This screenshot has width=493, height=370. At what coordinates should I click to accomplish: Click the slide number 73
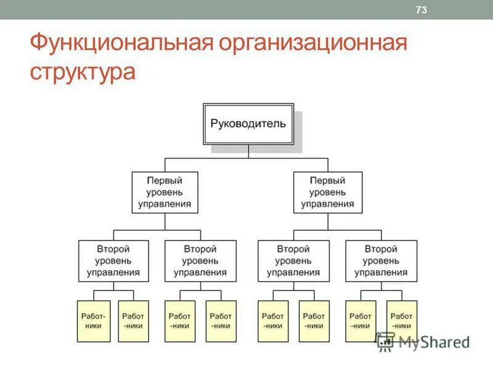click(422, 9)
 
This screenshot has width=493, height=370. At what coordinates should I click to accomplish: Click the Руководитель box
click(248, 124)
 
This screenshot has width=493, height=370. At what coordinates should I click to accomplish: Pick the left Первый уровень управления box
click(164, 192)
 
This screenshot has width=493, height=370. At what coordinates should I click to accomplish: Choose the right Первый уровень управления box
click(327, 192)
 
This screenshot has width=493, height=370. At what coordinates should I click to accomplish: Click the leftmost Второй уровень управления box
click(113, 261)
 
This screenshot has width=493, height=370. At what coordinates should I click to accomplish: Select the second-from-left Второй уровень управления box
click(200, 261)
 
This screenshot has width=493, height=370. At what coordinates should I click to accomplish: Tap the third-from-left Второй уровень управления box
click(293, 261)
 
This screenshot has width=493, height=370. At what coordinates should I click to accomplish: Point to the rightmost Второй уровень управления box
click(381, 261)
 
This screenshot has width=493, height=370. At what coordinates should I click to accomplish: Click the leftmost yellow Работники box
click(93, 321)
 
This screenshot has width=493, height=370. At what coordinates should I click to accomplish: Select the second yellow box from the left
click(134, 321)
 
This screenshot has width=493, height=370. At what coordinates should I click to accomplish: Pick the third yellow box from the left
click(180, 321)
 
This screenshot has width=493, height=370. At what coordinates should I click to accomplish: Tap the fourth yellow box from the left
click(221, 321)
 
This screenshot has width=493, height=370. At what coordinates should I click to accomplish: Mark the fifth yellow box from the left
click(272, 321)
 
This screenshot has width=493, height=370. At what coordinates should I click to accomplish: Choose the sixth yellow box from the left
click(314, 321)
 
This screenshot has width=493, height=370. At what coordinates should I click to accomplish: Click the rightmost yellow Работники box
click(402, 321)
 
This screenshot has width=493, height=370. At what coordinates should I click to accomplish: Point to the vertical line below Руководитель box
click(248, 152)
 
